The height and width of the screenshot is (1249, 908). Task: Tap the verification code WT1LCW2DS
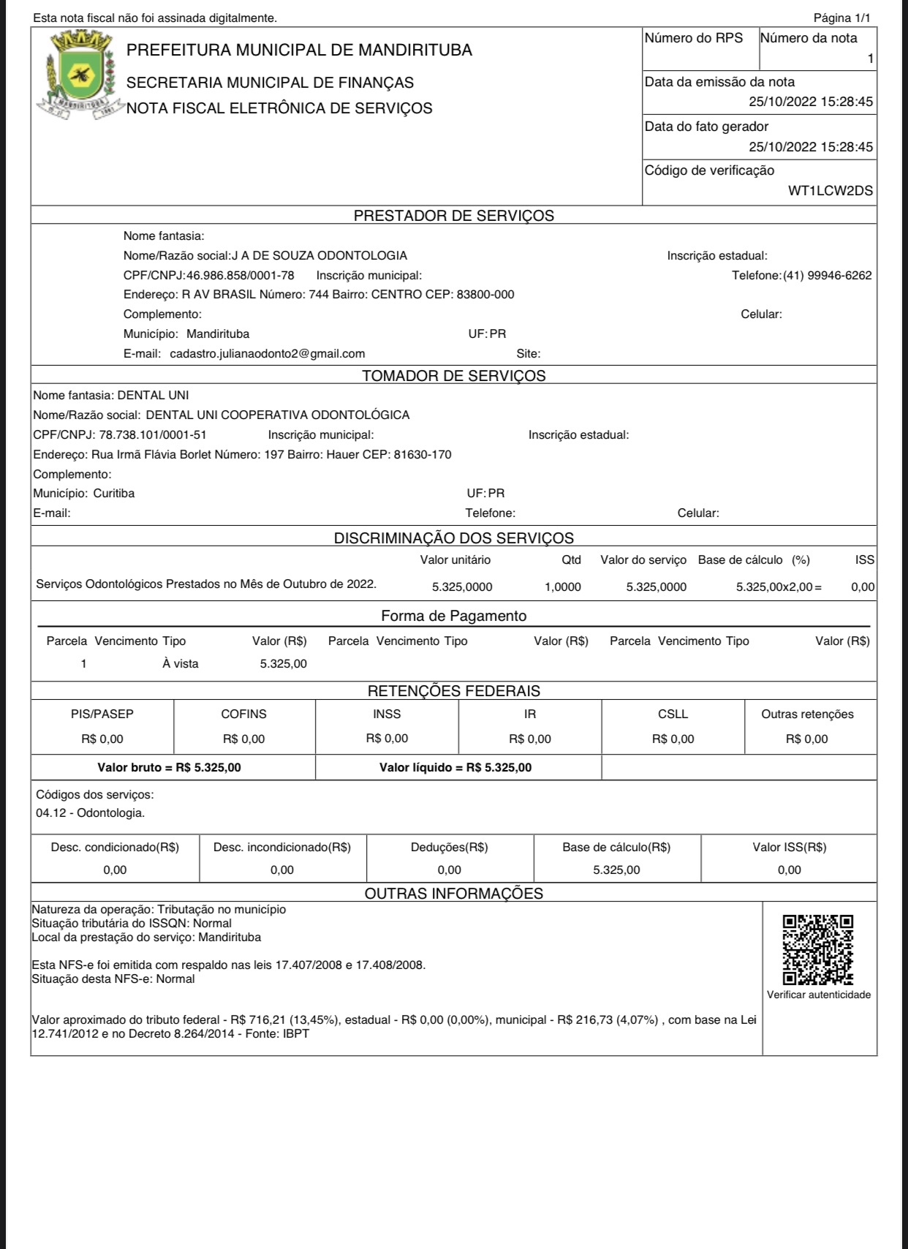point(830,191)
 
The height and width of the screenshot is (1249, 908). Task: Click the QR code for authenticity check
point(818,950)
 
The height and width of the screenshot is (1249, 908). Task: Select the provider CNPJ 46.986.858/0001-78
point(241,276)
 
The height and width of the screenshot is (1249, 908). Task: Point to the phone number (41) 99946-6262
point(827,276)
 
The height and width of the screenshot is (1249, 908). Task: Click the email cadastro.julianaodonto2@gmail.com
point(267,354)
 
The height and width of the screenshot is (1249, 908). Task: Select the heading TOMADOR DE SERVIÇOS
point(453,376)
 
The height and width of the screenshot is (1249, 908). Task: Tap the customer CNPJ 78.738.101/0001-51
point(153,435)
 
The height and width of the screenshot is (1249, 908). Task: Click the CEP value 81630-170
point(423,455)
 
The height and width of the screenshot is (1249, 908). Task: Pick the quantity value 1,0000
point(562,587)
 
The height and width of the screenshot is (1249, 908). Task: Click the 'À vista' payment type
point(181,664)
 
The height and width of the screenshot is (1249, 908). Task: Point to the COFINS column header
point(243,714)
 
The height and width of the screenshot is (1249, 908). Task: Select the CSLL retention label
point(673,714)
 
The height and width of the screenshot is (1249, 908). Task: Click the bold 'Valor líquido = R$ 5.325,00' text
point(455,768)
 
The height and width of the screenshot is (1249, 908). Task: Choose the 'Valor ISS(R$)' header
point(789,848)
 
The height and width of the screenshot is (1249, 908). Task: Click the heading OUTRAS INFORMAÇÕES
point(453,894)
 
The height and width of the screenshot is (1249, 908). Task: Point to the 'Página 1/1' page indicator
point(841,18)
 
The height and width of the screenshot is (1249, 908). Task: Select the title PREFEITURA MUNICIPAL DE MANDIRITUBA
point(299,50)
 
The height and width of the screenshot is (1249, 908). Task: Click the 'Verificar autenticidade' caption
point(818,995)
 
